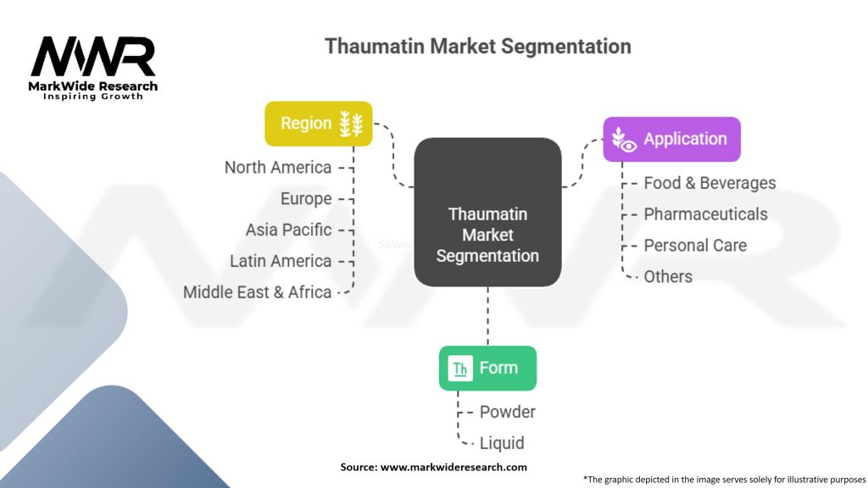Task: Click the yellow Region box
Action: pos(319,124)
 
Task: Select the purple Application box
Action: pos(671,139)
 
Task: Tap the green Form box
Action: pos(487,368)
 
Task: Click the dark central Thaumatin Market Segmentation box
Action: pos(487,213)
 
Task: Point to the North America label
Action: pos(278,167)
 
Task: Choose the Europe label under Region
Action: pos(306,198)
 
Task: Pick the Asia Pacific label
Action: pos(288,230)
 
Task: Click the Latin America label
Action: pos(281,261)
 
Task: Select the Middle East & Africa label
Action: pos(258,292)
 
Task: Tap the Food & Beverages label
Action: pos(709,183)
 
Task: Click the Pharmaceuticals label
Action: pos(705,214)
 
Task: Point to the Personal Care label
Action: pos(695,245)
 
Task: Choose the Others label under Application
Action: pos(668,276)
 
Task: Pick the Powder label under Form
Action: pos(507,412)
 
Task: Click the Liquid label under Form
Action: pos(502,442)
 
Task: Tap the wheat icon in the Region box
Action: pos(351,124)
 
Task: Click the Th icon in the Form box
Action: pos(460,369)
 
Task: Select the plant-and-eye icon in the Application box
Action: pos(624,140)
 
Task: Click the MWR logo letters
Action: pos(93,56)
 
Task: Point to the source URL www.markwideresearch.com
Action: pos(453,467)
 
